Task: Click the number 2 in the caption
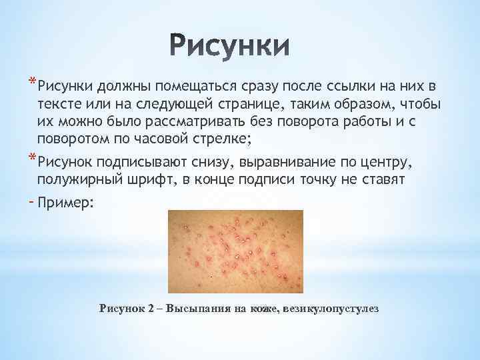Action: coord(153,309)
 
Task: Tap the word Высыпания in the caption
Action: coord(197,309)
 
